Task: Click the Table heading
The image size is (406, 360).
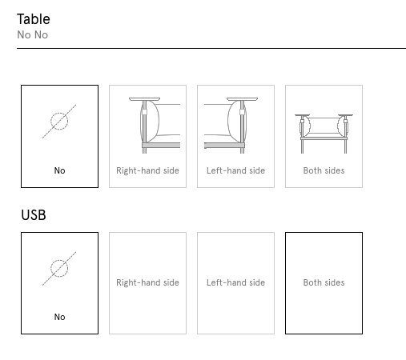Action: tap(34, 19)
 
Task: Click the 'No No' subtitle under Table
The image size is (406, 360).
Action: tap(33, 35)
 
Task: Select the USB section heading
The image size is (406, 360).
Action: tap(34, 215)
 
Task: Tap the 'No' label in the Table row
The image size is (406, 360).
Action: tap(59, 170)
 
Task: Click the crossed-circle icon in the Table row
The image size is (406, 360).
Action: tap(59, 122)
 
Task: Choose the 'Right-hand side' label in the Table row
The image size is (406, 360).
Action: tap(147, 170)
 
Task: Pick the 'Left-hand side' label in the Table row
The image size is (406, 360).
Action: tap(235, 170)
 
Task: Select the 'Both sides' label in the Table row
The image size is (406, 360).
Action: tap(324, 170)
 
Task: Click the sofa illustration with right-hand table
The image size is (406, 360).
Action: tap(155, 126)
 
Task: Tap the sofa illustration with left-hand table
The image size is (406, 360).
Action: tap(231, 126)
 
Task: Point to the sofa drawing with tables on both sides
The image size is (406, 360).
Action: tap(324, 134)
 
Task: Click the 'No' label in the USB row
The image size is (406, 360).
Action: tap(59, 317)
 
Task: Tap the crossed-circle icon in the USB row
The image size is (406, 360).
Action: tap(59, 269)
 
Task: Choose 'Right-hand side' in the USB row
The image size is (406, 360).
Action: tap(147, 282)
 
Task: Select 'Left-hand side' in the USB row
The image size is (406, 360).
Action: tap(235, 282)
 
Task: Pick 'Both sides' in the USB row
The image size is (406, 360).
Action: tap(324, 282)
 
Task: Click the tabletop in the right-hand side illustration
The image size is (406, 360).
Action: tap(144, 99)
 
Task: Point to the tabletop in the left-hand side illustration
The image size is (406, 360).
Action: tap(242, 99)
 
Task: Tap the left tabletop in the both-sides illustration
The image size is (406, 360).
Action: tap(303, 115)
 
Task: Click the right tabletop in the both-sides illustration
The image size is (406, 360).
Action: tap(345, 115)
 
